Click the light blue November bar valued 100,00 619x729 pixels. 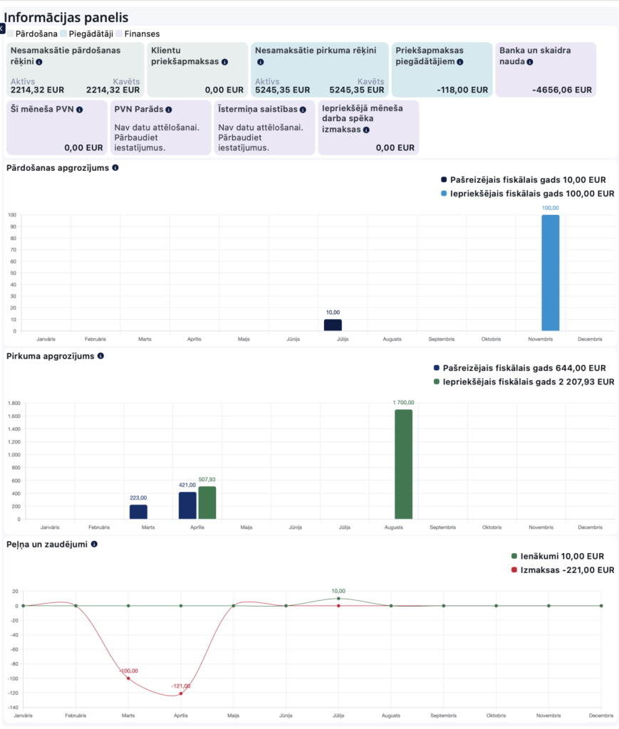(550, 273)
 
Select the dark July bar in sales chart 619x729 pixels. (333, 325)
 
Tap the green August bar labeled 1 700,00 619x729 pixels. (403, 464)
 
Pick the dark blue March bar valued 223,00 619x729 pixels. (138, 512)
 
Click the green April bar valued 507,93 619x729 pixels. (207, 503)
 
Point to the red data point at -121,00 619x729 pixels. (181, 693)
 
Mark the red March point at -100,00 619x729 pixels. (128, 678)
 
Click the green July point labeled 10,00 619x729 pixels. (338, 599)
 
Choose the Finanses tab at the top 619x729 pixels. (140, 33)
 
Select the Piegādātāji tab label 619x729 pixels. (90, 33)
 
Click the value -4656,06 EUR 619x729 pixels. (561, 90)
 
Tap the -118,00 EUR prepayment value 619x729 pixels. (462, 90)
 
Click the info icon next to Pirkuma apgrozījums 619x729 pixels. (100, 356)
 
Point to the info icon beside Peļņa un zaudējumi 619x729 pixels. (94, 544)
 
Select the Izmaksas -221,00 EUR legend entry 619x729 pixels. (563, 570)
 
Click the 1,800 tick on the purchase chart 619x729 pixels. (14, 403)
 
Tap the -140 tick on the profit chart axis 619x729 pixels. (12, 707)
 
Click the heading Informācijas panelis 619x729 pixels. (66, 17)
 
